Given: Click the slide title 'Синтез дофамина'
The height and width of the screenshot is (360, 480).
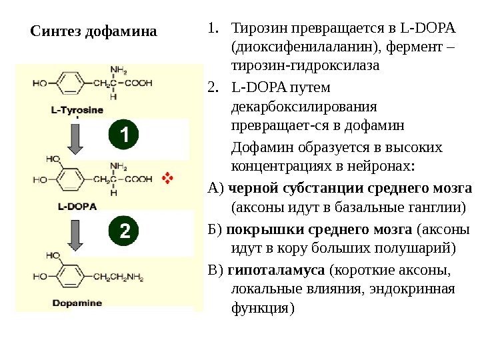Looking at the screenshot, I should point(95,32).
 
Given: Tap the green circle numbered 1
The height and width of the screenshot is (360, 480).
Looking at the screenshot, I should point(123,135).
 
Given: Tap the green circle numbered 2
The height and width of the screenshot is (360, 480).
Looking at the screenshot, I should point(123,231).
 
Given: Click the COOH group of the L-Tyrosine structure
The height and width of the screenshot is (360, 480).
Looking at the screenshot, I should point(140,84).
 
